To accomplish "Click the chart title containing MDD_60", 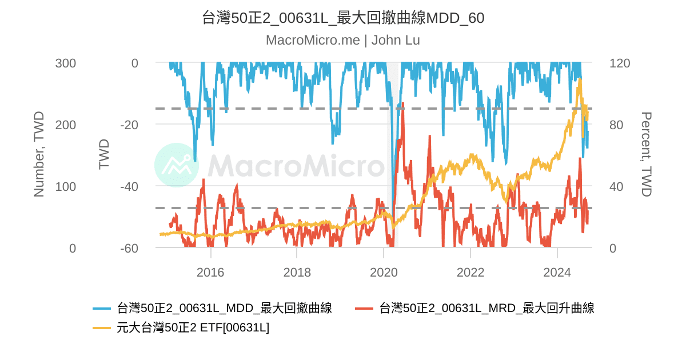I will pos(343,18).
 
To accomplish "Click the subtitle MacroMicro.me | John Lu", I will pos(343,41).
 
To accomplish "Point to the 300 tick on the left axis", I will pos(65,63).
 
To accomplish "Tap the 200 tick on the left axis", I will pos(65,125).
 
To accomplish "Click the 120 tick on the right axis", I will pos(620,63).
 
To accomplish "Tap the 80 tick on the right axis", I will pos(616,125).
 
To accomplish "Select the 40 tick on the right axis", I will pos(616,187).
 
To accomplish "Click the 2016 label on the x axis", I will pos(210,273).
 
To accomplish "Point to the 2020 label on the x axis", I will pos(384,273).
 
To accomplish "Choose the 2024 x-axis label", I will pos(557,273).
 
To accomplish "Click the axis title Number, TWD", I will pos(39,154).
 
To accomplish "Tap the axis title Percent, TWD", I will pos(646,154).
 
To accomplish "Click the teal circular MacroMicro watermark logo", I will pos(177,165).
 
